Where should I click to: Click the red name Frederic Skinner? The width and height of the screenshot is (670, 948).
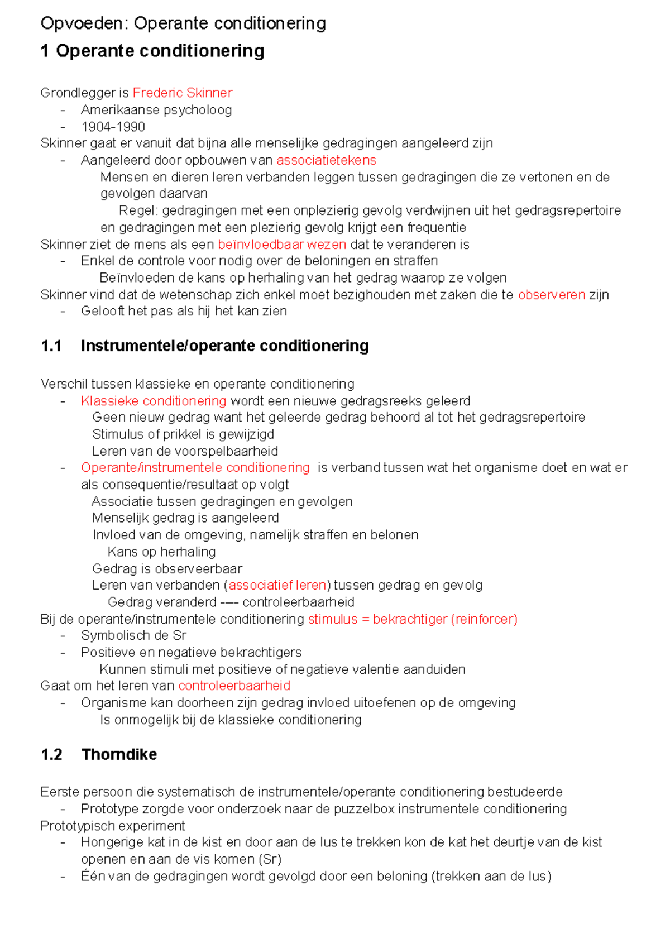(x=183, y=93)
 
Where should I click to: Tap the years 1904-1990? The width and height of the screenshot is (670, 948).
(x=113, y=127)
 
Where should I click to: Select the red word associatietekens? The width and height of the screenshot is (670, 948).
(x=326, y=160)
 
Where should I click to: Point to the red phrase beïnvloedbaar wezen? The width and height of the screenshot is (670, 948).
(x=282, y=245)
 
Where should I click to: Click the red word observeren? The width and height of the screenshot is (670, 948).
(x=552, y=295)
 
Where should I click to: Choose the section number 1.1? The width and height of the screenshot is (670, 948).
(x=51, y=346)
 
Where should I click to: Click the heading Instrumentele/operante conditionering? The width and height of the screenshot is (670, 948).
(x=224, y=346)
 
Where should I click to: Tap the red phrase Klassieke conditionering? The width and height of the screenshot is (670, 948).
(x=154, y=401)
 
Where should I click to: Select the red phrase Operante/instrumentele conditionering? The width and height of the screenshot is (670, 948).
(x=195, y=467)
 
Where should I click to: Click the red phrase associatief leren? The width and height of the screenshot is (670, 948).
(x=277, y=585)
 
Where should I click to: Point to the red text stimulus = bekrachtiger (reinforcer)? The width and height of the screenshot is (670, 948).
(x=413, y=619)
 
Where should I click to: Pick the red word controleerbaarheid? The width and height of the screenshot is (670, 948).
(x=234, y=686)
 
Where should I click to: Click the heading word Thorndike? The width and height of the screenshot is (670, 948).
(x=119, y=755)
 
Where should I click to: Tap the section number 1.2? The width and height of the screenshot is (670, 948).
(x=51, y=755)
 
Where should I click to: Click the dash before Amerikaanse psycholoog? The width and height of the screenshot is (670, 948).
(x=63, y=110)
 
